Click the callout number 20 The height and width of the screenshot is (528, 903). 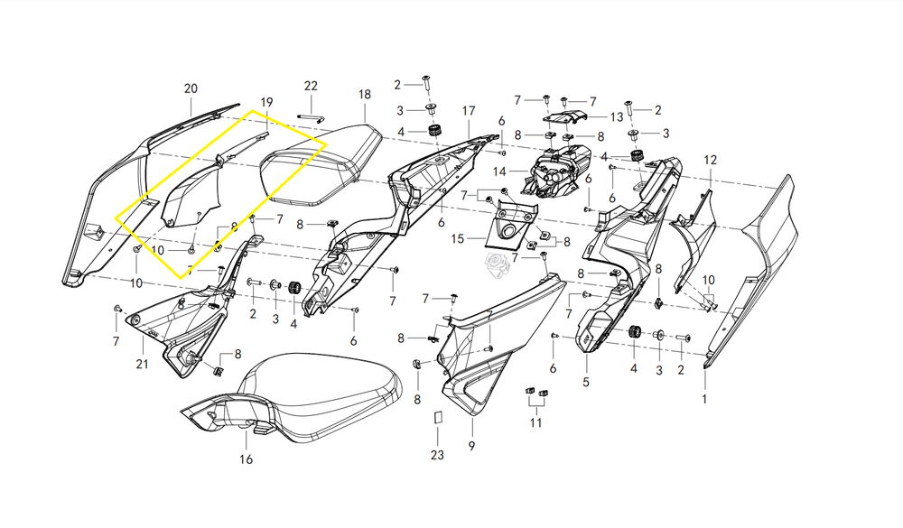click(x=191, y=88)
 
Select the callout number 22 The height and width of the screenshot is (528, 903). click(x=311, y=86)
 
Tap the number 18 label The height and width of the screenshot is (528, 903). click(x=365, y=95)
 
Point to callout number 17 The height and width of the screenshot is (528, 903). click(x=469, y=110)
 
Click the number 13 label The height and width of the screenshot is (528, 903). click(x=617, y=117)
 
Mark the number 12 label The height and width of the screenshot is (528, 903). click(x=711, y=160)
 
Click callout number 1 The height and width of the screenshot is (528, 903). click(x=706, y=398)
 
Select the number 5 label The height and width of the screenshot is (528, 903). click(x=586, y=383)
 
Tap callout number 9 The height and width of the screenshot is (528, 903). click(x=470, y=446)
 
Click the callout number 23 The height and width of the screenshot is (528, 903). click(x=437, y=456)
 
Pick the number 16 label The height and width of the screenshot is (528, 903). click(x=247, y=460)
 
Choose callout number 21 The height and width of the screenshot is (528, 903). click(x=142, y=364)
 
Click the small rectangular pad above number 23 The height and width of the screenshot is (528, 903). click(x=437, y=418)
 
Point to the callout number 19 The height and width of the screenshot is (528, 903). click(x=266, y=102)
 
